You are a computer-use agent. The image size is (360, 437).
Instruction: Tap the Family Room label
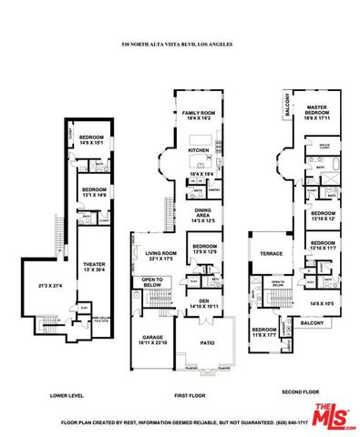coord(200,115)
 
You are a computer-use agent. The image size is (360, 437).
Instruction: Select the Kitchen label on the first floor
coord(199,150)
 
